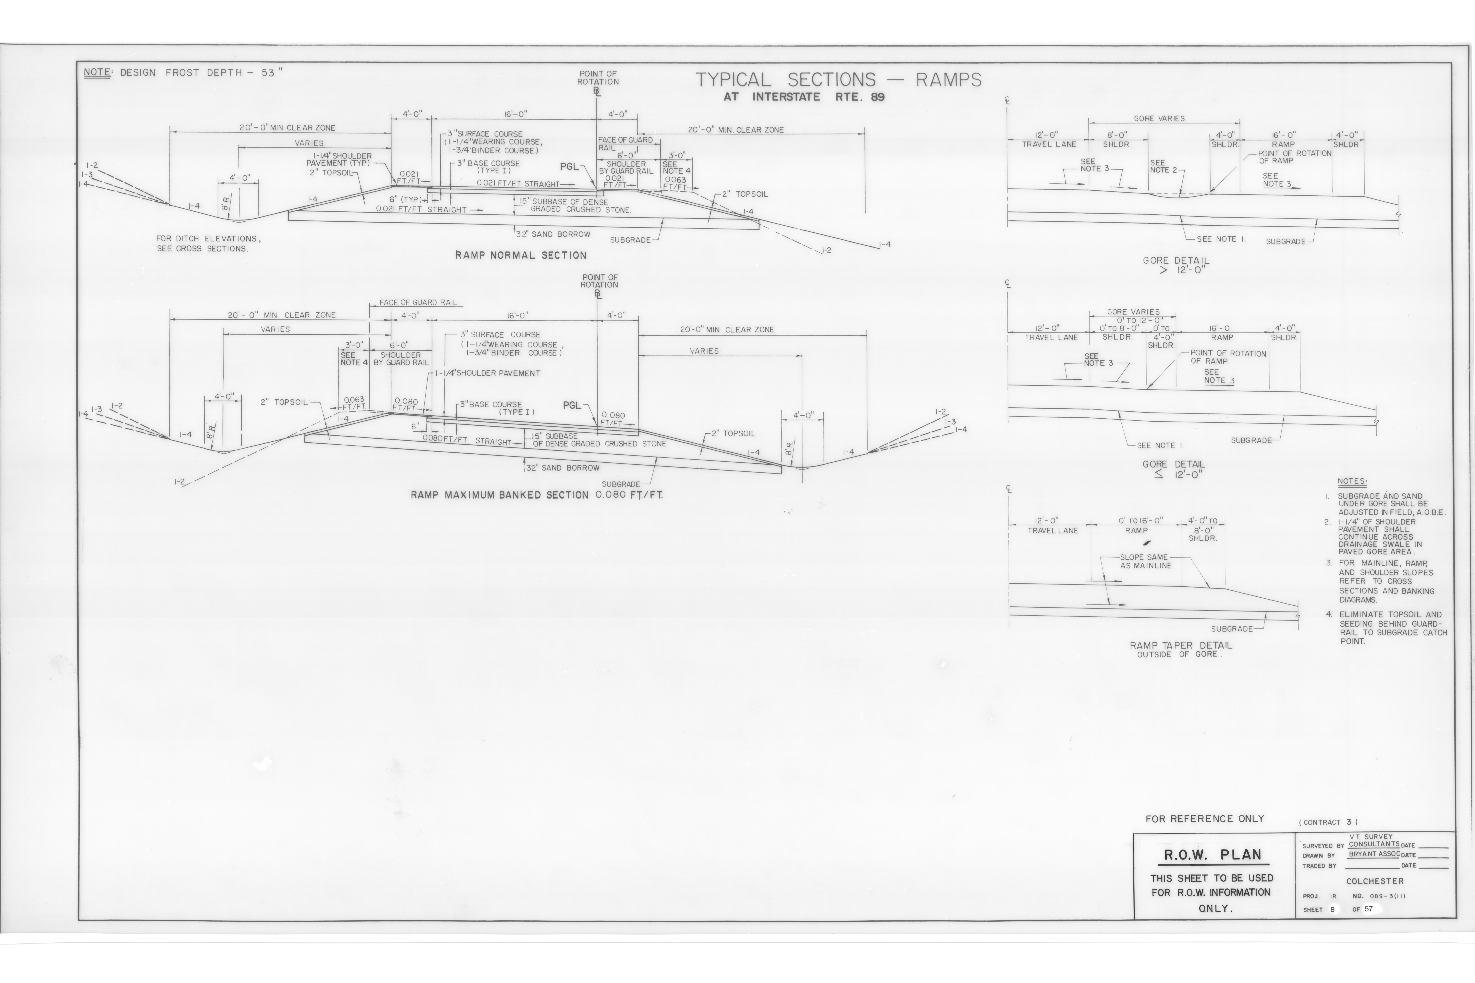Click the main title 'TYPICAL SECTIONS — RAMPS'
pyautogui.click(x=838, y=80)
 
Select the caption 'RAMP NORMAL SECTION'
pyautogui.click(x=521, y=255)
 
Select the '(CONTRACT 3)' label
pyautogui.click(x=1328, y=822)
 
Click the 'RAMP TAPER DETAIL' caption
pyautogui.click(x=1181, y=645)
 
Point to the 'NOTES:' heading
pyautogui.click(x=1352, y=481)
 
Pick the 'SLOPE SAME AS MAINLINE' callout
pyautogui.click(x=1146, y=561)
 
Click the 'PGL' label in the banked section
pyautogui.click(x=572, y=406)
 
